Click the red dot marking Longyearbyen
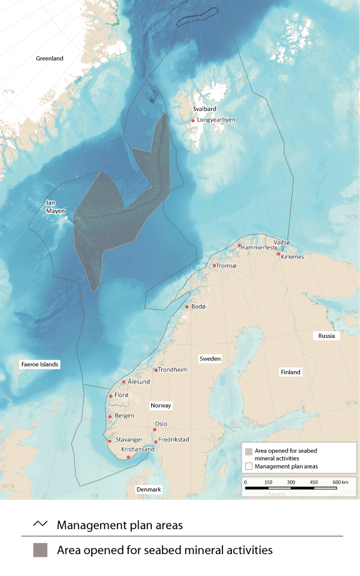pos(194,121)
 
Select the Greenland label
pos(49,59)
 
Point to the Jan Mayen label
pos(55,207)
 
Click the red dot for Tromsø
pos(214,266)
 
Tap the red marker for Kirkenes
pos(278,254)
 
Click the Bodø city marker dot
pos(187,307)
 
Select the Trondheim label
pos(173,369)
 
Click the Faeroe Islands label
pos(39,364)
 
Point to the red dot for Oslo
pos(154,430)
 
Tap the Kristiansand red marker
pos(128,457)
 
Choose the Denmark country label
pos(149,489)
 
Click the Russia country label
pos(327,335)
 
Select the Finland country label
pos(291,372)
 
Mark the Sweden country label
pos(210,359)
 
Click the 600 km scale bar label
pos(340,482)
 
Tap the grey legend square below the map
pos(40,550)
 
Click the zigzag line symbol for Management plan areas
pos(40,524)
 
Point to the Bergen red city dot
pos(110,417)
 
